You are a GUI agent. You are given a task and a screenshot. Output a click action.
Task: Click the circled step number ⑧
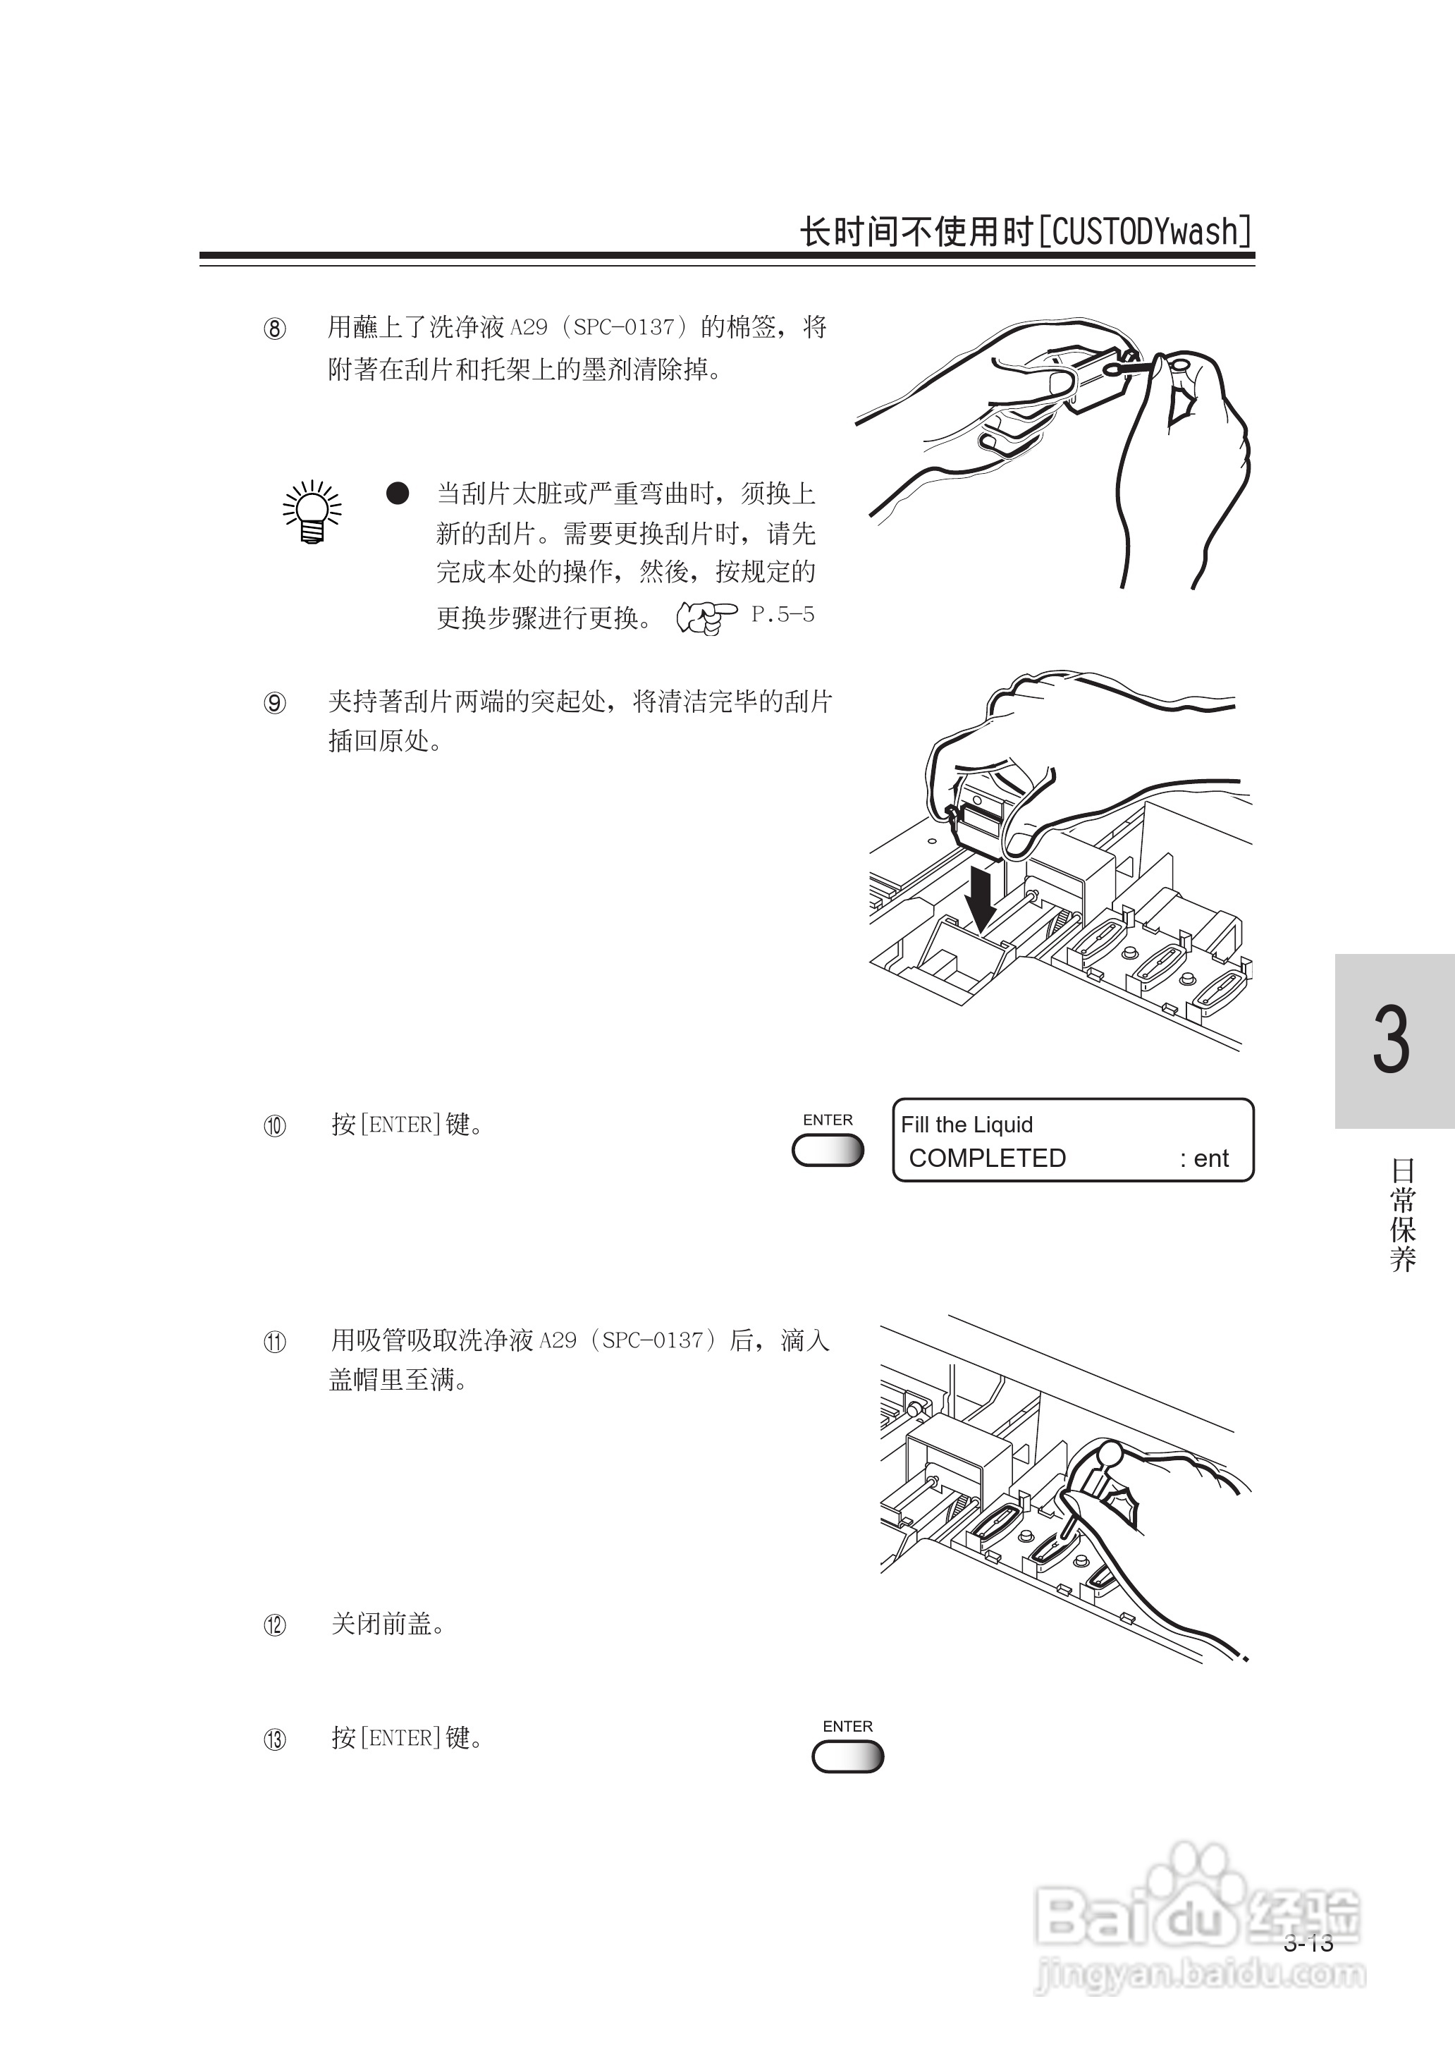[275, 329]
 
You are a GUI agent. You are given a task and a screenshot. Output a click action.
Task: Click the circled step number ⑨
[275, 703]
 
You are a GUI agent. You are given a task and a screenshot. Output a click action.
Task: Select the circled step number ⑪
[275, 1342]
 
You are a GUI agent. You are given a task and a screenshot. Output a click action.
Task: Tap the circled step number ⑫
[275, 1625]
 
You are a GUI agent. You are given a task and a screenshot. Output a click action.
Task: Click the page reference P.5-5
[782, 615]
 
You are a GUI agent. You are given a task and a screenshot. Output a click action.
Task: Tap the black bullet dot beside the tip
[398, 493]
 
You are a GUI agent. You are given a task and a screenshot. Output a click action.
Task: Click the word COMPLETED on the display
[988, 1158]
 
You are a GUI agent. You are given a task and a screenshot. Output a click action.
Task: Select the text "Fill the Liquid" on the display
[966, 1125]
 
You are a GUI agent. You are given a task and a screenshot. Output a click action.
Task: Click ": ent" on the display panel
[1205, 1158]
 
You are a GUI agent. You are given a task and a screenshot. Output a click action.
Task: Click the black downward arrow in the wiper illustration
[983, 897]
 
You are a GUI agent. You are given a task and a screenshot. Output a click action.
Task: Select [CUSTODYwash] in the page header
[1145, 232]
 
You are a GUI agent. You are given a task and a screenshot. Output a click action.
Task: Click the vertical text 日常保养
[1402, 1215]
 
